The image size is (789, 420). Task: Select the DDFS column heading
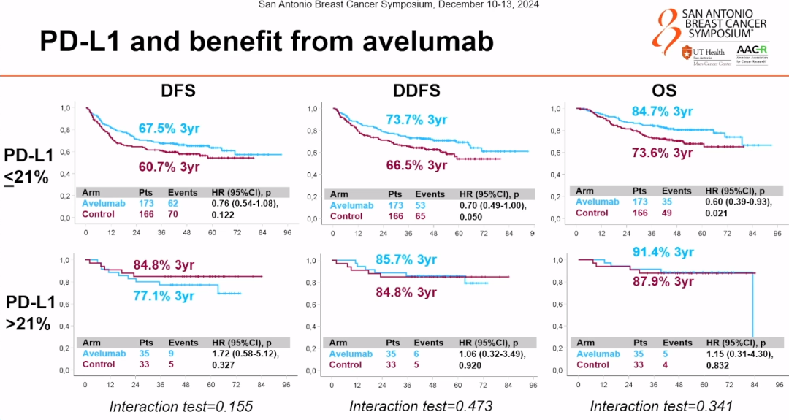click(x=416, y=91)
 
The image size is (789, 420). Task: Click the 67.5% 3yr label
click(x=169, y=129)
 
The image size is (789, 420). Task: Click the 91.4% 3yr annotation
click(x=662, y=252)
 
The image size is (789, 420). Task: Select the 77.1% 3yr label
click(x=164, y=296)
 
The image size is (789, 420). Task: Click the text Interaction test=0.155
click(x=180, y=406)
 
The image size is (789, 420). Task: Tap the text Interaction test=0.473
click(x=421, y=406)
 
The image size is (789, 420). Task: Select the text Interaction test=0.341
click(x=662, y=406)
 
